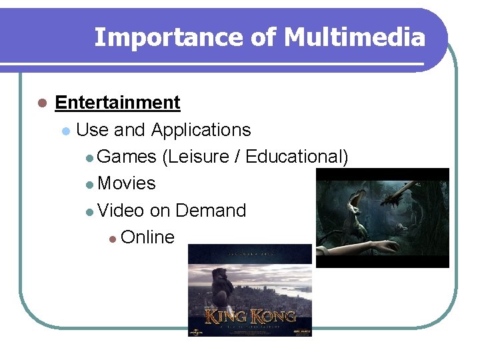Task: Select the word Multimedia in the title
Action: click(354, 37)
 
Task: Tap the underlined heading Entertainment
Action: click(117, 103)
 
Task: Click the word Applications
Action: click(201, 130)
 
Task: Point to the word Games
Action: click(127, 157)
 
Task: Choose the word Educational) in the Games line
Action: click(297, 157)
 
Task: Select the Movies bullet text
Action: click(126, 183)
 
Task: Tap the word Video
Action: click(121, 211)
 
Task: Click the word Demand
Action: click(211, 211)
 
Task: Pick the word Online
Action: click(147, 237)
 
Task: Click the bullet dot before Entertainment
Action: click(41, 103)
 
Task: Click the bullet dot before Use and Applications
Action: click(65, 131)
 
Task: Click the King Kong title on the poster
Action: click(250, 315)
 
